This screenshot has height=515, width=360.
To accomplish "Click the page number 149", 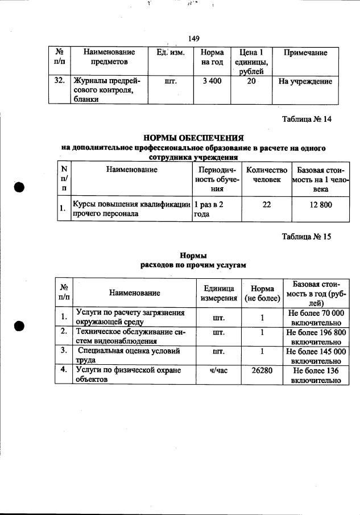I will pos(193,39).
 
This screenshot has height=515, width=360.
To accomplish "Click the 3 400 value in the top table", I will pos(212,81).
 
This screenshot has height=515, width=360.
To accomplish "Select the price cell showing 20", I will pos(251,81).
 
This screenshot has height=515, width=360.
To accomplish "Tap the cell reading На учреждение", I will pos(305,81).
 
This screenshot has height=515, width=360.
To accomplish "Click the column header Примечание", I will pos(305,52).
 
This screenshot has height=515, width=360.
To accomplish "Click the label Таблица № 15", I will pos(307,237).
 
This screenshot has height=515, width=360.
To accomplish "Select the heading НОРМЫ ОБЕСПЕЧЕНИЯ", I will pos(193,138).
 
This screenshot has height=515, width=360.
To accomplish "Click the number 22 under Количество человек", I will pos(266,205).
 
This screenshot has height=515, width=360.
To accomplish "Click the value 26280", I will pos(262,371).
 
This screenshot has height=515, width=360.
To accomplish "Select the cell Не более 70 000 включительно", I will pos(316,318).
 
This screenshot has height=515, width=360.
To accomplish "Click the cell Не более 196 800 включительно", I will pos(316,336).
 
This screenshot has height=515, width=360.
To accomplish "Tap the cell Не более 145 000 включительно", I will pos(316,356).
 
